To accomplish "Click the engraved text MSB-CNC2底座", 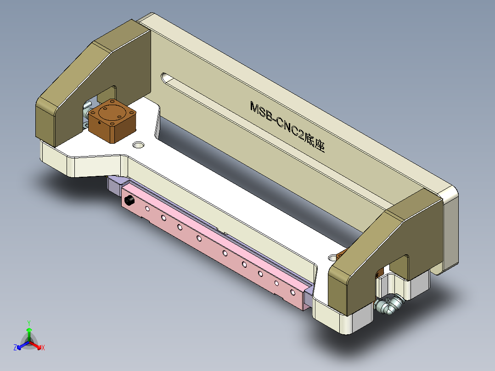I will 287,127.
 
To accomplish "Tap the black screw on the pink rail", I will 129,201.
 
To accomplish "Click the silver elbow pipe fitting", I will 388,305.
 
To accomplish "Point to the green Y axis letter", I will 28,322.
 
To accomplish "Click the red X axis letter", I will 43,348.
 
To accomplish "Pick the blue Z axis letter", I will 15,348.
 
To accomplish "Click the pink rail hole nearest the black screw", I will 147,209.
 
